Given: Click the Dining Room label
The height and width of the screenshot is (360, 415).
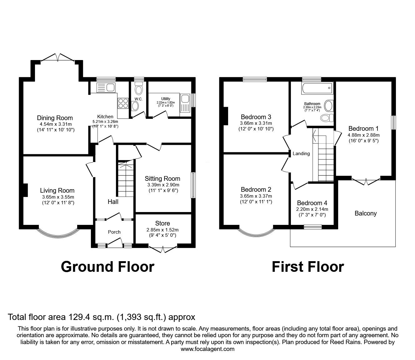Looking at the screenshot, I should point(55,118).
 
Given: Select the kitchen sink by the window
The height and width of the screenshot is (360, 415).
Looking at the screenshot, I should point(106,87).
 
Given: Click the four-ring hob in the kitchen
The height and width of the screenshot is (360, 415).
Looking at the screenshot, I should point(122,103).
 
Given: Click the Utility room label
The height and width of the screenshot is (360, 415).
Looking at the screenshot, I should point(166,99).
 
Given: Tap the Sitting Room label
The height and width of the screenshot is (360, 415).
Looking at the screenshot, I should point(162,179).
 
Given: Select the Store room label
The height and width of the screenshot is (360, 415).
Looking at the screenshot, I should point(162,223).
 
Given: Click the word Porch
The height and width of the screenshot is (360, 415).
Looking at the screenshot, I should point(114,232).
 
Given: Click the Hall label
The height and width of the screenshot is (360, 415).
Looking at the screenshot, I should point(113,202).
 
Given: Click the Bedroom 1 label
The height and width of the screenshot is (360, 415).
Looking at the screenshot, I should point(363,129).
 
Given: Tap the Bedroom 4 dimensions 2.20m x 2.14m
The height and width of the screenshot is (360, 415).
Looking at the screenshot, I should point(312,209).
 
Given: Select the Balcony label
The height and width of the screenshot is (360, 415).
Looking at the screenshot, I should point(366,213).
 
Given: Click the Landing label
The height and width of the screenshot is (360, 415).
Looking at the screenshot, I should point(301,154).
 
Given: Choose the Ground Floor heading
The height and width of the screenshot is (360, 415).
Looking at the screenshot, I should point(107,266).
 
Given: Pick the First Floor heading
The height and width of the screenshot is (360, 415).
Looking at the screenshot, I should point(307,266).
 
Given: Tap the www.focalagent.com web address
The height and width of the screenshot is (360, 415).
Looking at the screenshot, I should point(207,349).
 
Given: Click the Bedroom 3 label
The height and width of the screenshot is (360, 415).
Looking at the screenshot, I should point(256,118).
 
